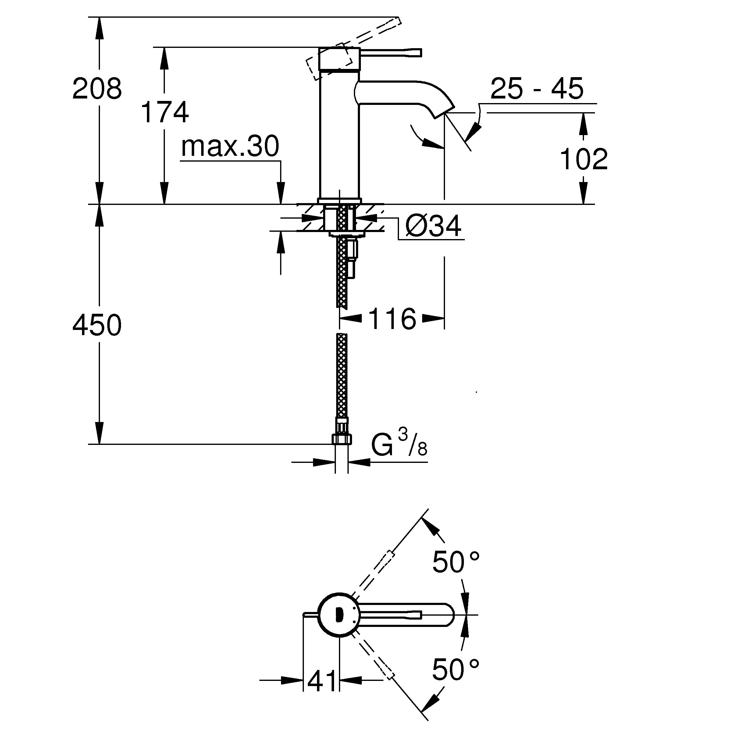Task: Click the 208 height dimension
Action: pyautogui.click(x=97, y=88)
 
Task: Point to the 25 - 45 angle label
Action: pyautogui.click(x=537, y=88)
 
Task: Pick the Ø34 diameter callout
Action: pyautogui.click(x=433, y=226)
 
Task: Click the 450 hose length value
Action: pyautogui.click(x=97, y=325)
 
